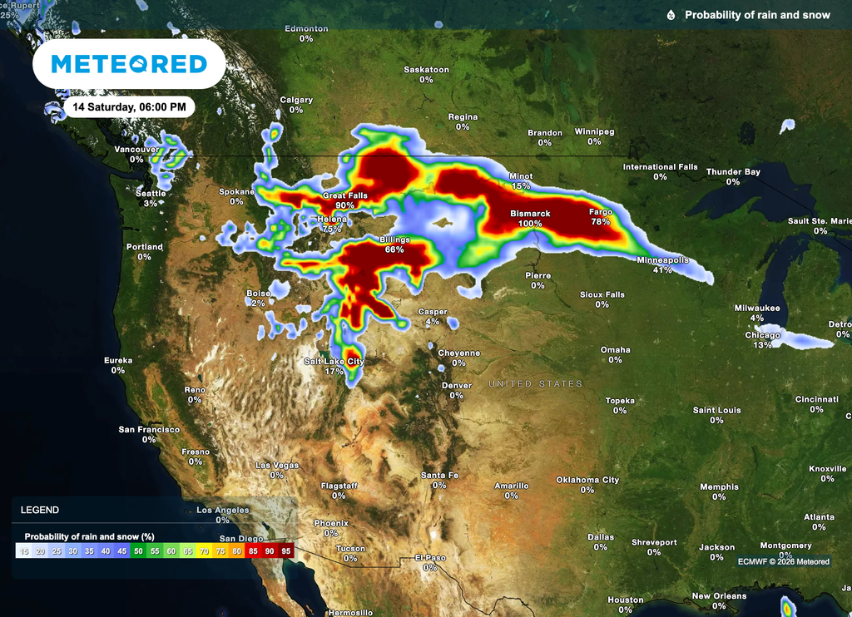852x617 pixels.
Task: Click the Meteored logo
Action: click(129, 64)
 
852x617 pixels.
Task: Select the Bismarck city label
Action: click(530, 214)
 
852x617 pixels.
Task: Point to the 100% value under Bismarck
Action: click(530, 224)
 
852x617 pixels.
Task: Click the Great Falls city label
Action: click(344, 195)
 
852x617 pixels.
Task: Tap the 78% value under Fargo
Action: click(601, 222)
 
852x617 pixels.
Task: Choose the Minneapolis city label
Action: click(662, 260)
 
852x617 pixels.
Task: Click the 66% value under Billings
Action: click(394, 249)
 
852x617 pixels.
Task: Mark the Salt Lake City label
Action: click(334, 362)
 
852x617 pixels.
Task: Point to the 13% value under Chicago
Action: click(763, 345)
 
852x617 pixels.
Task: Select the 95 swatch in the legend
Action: click(285, 550)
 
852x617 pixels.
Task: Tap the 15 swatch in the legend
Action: click(24, 550)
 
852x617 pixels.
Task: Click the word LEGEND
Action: click(39, 510)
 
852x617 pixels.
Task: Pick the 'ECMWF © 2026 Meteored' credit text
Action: click(783, 561)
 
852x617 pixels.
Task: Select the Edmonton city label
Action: click(306, 28)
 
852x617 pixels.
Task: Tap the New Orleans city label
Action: click(719, 596)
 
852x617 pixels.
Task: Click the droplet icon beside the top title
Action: click(671, 15)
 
